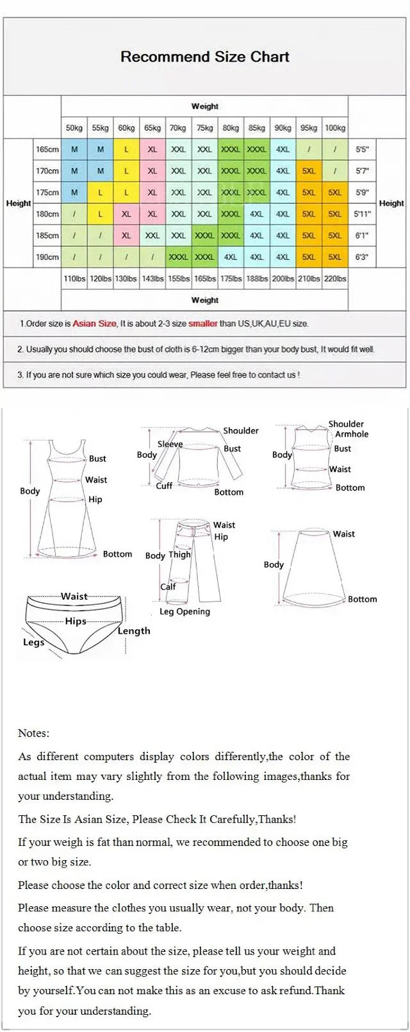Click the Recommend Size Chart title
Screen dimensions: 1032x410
point(205,56)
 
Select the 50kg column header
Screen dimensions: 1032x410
point(74,128)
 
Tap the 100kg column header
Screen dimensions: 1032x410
point(335,128)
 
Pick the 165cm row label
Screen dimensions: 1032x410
point(47,149)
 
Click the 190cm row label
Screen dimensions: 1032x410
point(47,257)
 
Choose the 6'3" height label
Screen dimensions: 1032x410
point(362,257)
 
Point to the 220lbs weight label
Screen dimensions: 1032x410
point(335,278)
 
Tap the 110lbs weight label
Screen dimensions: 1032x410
point(74,278)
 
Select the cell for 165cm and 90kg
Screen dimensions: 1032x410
point(283,149)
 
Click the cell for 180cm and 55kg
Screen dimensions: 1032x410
point(101,214)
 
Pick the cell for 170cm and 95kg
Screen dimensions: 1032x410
point(309,171)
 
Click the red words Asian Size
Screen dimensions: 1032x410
point(95,324)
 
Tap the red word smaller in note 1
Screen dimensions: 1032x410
point(202,324)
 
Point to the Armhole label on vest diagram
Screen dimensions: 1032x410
point(352,434)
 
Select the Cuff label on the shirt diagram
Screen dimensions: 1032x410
point(164,486)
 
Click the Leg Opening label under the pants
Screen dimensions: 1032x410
point(184,611)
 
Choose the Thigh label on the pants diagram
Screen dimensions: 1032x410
point(179,554)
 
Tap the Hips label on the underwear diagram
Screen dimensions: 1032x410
point(76,621)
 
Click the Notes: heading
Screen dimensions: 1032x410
point(33,733)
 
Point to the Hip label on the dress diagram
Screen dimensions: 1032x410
point(95,499)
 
